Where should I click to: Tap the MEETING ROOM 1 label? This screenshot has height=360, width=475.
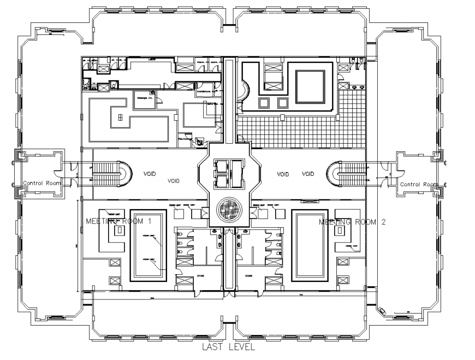pyautogui.click(x=118, y=221)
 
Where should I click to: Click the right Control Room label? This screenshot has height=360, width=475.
pyautogui.click(x=418, y=184)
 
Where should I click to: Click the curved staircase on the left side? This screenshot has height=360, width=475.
pyautogui.click(x=111, y=174)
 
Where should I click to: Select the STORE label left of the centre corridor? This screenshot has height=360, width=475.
pyautogui.click(x=200, y=276)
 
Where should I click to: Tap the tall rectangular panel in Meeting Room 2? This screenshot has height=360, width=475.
pyautogui.click(x=309, y=245)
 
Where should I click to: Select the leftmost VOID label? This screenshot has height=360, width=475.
pyautogui.click(x=150, y=174)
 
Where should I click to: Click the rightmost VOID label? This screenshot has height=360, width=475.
pyautogui.click(x=308, y=174)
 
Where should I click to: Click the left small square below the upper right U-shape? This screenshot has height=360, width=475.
pyautogui.click(x=265, y=102)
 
